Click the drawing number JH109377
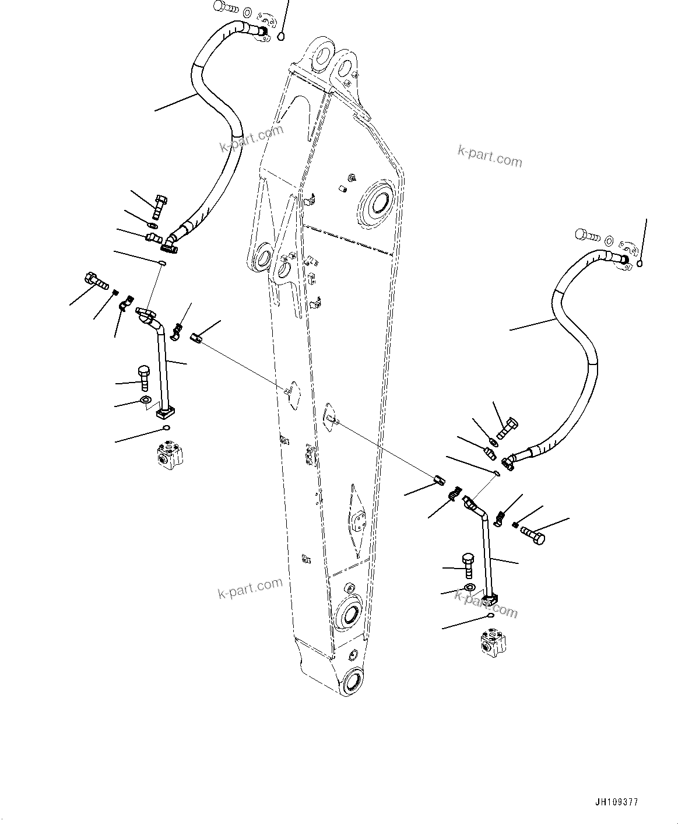tap(617, 802)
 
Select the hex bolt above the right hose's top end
tap(588, 235)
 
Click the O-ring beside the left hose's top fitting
tap(281, 37)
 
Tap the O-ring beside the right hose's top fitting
tap(640, 264)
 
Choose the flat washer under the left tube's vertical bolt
tap(145, 400)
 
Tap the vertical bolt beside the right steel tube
tap(468, 564)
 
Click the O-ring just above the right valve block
tap(490, 615)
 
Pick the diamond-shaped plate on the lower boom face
tap(356, 518)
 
